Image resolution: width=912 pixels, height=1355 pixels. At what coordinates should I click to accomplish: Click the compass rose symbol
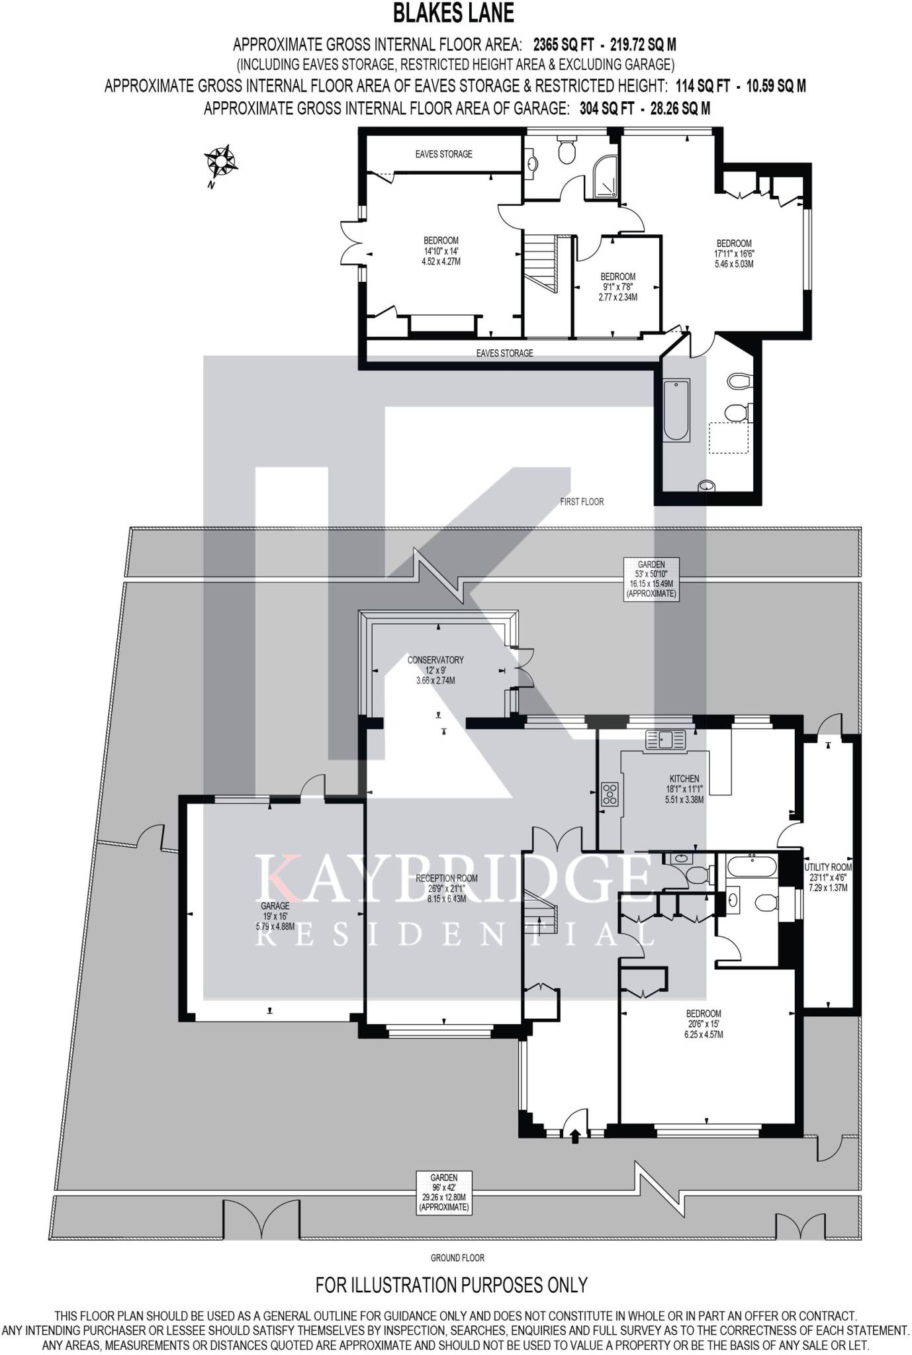221,161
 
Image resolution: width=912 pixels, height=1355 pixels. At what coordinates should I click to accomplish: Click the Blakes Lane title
453,13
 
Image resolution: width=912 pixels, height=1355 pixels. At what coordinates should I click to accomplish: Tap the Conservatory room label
435,670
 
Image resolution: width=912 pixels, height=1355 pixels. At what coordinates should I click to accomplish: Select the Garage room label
275,916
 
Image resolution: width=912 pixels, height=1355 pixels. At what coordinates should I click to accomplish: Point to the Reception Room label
447,889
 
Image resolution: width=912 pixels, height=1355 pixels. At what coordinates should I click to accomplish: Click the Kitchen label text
684,789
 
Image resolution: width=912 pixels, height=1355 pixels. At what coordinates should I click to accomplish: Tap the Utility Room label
828,877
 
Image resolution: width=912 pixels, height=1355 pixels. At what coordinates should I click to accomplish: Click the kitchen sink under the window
665,740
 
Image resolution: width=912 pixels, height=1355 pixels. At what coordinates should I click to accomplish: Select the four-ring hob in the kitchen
610,794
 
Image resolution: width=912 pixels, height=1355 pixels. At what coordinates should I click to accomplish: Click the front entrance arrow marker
574,1136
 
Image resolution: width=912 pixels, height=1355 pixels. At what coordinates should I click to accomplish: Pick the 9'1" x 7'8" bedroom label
617,286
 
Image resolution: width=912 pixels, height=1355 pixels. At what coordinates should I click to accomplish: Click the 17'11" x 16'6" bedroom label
734,253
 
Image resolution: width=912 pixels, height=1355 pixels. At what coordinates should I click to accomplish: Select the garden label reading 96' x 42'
443,1192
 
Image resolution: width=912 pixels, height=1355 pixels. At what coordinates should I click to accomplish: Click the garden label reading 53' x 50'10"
651,579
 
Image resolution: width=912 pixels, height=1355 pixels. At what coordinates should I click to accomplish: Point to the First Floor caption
582,502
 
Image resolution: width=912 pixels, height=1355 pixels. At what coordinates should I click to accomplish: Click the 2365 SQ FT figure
560,45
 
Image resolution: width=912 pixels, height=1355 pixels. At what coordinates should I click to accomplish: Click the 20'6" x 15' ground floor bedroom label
704,1024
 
